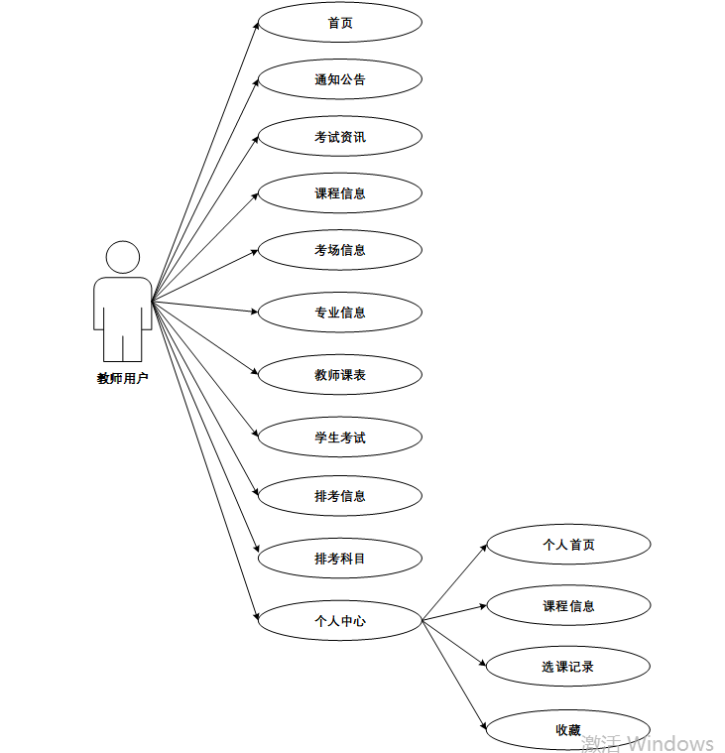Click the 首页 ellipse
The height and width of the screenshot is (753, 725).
tap(340, 23)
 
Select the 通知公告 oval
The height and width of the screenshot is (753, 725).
tap(340, 79)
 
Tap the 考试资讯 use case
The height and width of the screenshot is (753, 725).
tap(340, 137)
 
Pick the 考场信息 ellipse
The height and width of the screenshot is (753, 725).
tap(340, 250)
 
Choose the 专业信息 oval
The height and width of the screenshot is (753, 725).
tap(340, 313)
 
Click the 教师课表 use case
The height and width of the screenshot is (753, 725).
tap(340, 375)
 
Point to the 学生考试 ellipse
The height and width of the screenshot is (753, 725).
tap(340, 438)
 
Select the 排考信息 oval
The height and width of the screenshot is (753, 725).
tap(340, 496)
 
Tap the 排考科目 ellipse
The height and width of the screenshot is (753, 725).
tap(340, 559)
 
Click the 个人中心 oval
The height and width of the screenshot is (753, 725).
tap(340, 621)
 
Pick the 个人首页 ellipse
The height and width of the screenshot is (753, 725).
tap(568, 545)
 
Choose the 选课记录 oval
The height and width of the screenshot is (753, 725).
tap(568, 667)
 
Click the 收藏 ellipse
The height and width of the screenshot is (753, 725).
tap(568, 730)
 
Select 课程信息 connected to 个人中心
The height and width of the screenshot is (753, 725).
tap(568, 606)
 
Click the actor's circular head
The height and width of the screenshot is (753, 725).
tap(123, 257)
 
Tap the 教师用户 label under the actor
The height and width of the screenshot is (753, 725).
tap(122, 378)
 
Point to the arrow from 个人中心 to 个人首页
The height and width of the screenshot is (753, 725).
tap(454, 582)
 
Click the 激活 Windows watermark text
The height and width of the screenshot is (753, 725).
tap(648, 743)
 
